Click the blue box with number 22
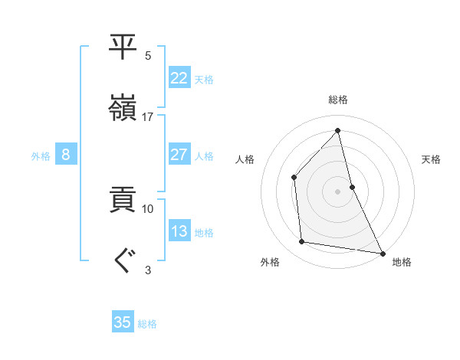coord(179,78)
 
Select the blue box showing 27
coord(179,155)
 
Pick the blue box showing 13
coord(179,231)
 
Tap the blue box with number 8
coord(66,155)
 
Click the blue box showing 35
coord(123,322)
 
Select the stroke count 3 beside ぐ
coord(148,270)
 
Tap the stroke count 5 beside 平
coord(148,56)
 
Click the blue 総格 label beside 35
coord(147,324)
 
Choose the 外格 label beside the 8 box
coord(41,156)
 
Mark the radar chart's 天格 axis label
coord(431,159)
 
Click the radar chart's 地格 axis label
coord(402,262)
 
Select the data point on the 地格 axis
coord(382,252)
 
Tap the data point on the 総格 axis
coord(337,130)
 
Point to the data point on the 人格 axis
coord(294,178)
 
